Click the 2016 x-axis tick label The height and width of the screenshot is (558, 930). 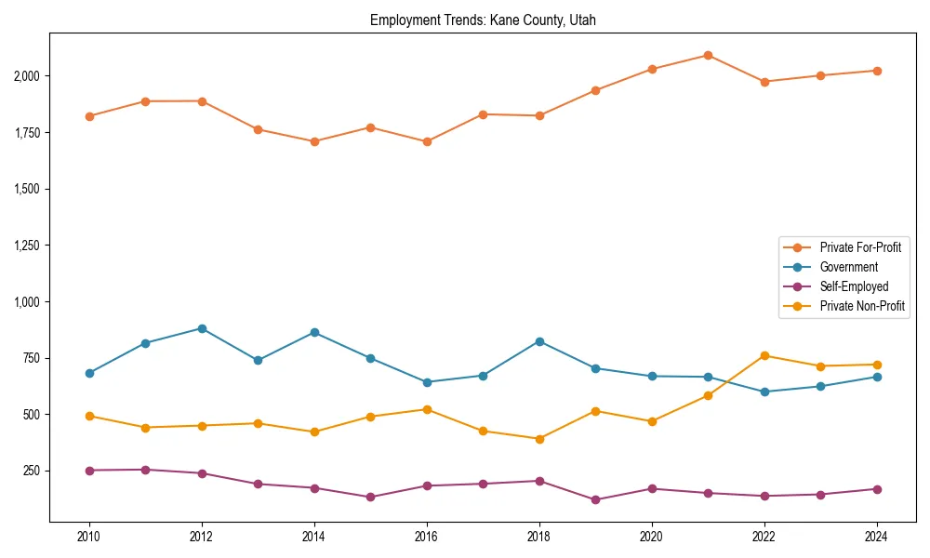(427, 537)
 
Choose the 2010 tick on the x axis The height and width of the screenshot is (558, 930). (89, 537)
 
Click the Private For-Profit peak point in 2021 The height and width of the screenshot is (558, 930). (708, 55)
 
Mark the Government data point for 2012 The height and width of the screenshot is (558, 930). (202, 328)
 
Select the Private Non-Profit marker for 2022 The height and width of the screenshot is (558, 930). (764, 355)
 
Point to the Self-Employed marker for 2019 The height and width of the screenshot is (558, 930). (595, 499)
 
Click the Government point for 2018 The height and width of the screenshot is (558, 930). (539, 341)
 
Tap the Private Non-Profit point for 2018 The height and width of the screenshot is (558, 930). (539, 439)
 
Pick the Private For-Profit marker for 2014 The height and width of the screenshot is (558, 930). (314, 141)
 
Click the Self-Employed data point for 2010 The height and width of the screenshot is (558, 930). (89, 471)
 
